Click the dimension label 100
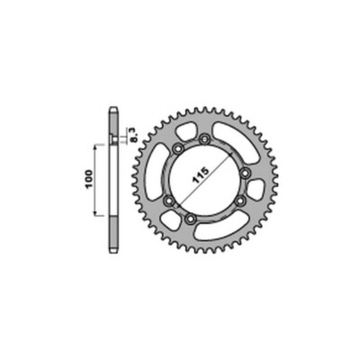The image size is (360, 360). tap(89, 179)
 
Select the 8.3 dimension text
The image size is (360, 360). tap(134, 135)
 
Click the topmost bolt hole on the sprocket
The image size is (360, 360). tap(205, 139)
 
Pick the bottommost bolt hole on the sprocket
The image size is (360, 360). tap(190, 219)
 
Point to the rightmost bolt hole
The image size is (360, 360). tap(246, 173)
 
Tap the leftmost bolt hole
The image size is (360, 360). tap(170, 200)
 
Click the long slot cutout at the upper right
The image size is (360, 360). tap(236, 141)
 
